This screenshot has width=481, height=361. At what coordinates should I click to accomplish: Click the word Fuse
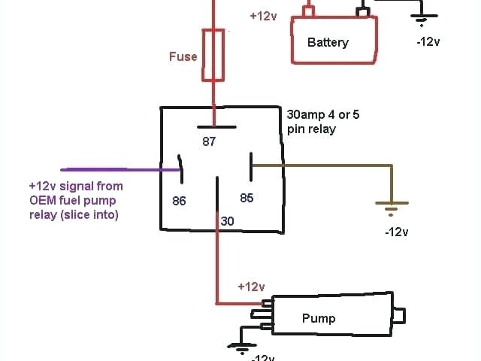183,56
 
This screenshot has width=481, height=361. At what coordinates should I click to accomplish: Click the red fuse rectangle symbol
214,54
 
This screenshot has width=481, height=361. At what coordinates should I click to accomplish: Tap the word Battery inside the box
328,42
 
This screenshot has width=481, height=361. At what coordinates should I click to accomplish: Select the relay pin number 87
210,141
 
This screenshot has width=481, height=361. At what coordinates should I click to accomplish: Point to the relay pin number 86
179,201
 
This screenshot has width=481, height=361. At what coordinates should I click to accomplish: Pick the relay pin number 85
247,198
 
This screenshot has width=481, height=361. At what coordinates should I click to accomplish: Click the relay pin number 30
227,221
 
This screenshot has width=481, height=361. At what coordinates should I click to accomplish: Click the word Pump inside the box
319,318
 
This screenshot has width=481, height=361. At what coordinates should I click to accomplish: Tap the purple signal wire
113,169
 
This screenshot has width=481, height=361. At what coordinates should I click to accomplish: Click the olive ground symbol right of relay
392,205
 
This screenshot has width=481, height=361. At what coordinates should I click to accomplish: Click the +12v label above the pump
251,287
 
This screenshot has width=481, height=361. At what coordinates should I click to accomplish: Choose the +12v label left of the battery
263,15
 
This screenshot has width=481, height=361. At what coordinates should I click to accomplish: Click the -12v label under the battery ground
428,41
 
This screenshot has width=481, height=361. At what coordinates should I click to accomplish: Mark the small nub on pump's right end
400,314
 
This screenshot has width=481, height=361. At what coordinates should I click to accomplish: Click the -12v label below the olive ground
396,232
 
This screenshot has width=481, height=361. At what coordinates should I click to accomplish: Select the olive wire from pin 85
323,165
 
